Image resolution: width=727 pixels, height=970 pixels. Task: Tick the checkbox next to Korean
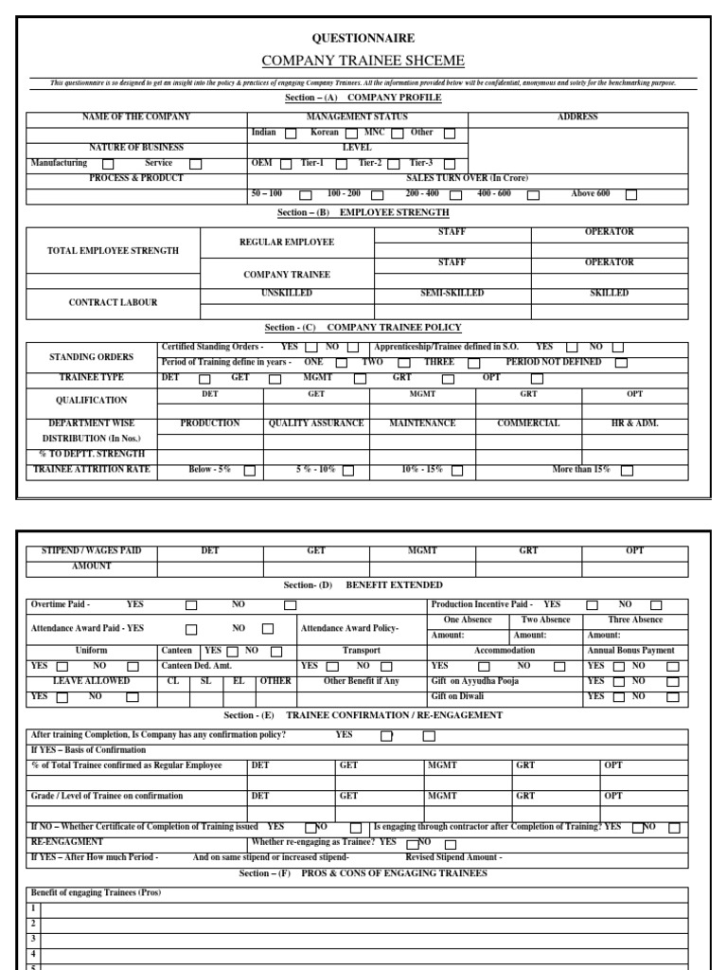(x=351, y=134)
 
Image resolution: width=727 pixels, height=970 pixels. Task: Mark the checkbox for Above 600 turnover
(x=631, y=195)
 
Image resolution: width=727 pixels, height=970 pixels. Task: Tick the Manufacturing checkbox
(x=108, y=164)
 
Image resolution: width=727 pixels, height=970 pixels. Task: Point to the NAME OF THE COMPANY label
(x=136, y=117)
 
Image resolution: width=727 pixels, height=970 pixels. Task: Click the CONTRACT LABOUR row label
(x=113, y=303)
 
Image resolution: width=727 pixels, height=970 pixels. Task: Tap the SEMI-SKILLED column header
(x=452, y=294)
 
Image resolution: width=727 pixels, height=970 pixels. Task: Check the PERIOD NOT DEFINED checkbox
(x=621, y=363)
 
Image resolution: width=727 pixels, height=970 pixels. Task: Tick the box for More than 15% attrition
(x=627, y=470)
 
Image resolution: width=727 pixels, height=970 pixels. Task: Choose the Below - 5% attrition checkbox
(x=250, y=470)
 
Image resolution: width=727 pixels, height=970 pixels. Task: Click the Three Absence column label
(x=635, y=620)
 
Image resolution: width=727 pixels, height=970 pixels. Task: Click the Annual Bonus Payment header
(x=630, y=651)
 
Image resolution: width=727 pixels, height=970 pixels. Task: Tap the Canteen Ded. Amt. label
(x=196, y=666)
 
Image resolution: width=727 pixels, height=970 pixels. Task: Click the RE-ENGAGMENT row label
(x=67, y=841)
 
